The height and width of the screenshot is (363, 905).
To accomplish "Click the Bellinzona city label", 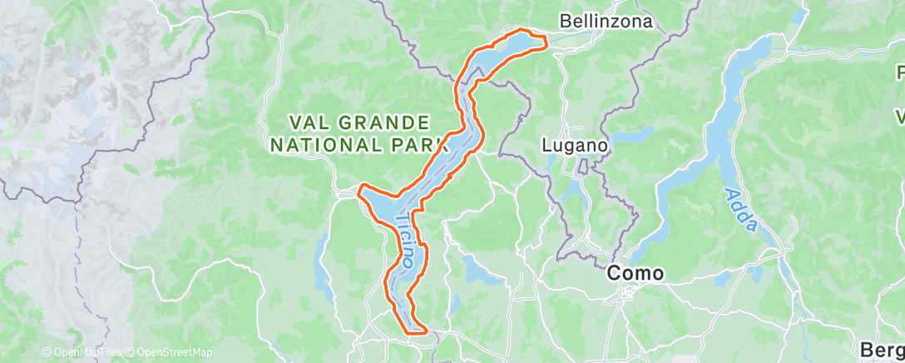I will tap(606, 21).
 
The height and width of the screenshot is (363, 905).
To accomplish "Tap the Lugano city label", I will tap(576, 144).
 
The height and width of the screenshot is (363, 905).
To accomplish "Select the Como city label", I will tap(635, 272).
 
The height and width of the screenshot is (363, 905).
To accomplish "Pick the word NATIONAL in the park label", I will tap(329, 144).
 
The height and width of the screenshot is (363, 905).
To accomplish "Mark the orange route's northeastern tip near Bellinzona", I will tap(546, 38).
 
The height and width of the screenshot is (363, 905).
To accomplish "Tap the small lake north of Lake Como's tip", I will tap(799, 16).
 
